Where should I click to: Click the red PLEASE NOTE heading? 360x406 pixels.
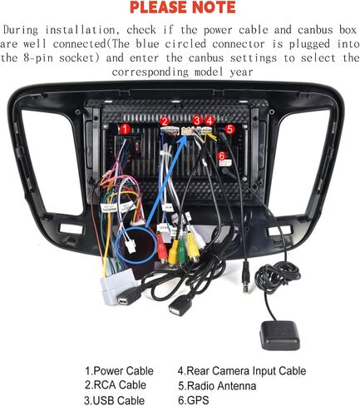point(183,7)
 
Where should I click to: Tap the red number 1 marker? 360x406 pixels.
point(125,129)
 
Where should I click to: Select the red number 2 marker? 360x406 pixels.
point(165,121)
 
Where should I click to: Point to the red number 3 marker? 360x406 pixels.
point(197,121)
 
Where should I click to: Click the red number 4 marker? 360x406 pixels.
point(210,121)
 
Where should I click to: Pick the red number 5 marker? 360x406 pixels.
point(229,129)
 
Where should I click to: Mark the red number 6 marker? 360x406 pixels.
point(222,156)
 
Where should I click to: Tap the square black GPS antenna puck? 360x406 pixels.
point(279,334)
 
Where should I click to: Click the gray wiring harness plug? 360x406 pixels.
point(119,285)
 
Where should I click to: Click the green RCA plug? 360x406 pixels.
point(181,252)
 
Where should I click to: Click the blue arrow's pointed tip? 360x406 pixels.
point(186,136)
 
